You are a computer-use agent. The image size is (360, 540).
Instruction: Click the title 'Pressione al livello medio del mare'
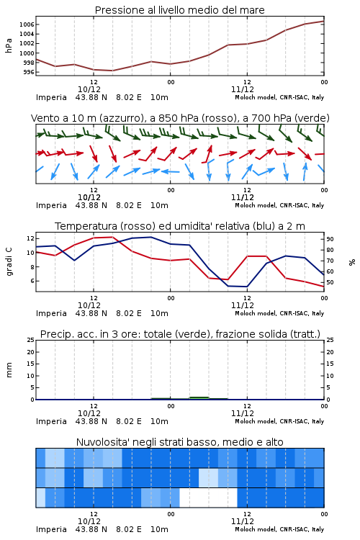click(x=179, y=10)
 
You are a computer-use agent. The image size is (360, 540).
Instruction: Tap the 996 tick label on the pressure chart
click(x=29, y=72)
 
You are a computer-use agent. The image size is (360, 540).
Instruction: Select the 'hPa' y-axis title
click(x=9, y=45)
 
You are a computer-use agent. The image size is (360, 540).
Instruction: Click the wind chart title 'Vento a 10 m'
click(x=65, y=118)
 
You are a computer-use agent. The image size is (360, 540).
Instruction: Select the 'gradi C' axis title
click(x=9, y=261)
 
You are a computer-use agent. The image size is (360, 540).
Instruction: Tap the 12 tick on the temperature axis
click(x=30, y=238)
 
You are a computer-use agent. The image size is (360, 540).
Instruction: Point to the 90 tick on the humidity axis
click(x=330, y=239)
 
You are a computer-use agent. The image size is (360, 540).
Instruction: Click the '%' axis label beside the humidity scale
click(x=352, y=262)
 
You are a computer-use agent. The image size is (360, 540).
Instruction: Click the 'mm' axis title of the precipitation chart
click(x=9, y=370)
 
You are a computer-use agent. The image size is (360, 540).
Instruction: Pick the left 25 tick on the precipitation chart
click(x=31, y=340)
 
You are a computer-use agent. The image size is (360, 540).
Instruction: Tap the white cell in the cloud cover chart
click(x=208, y=498)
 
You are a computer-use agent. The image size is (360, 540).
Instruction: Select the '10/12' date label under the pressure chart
click(x=89, y=89)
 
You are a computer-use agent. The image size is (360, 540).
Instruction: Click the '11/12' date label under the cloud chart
click(x=243, y=521)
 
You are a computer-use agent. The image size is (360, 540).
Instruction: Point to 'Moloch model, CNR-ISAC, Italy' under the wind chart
click(x=279, y=206)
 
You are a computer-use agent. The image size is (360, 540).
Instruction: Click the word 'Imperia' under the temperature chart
click(x=51, y=313)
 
